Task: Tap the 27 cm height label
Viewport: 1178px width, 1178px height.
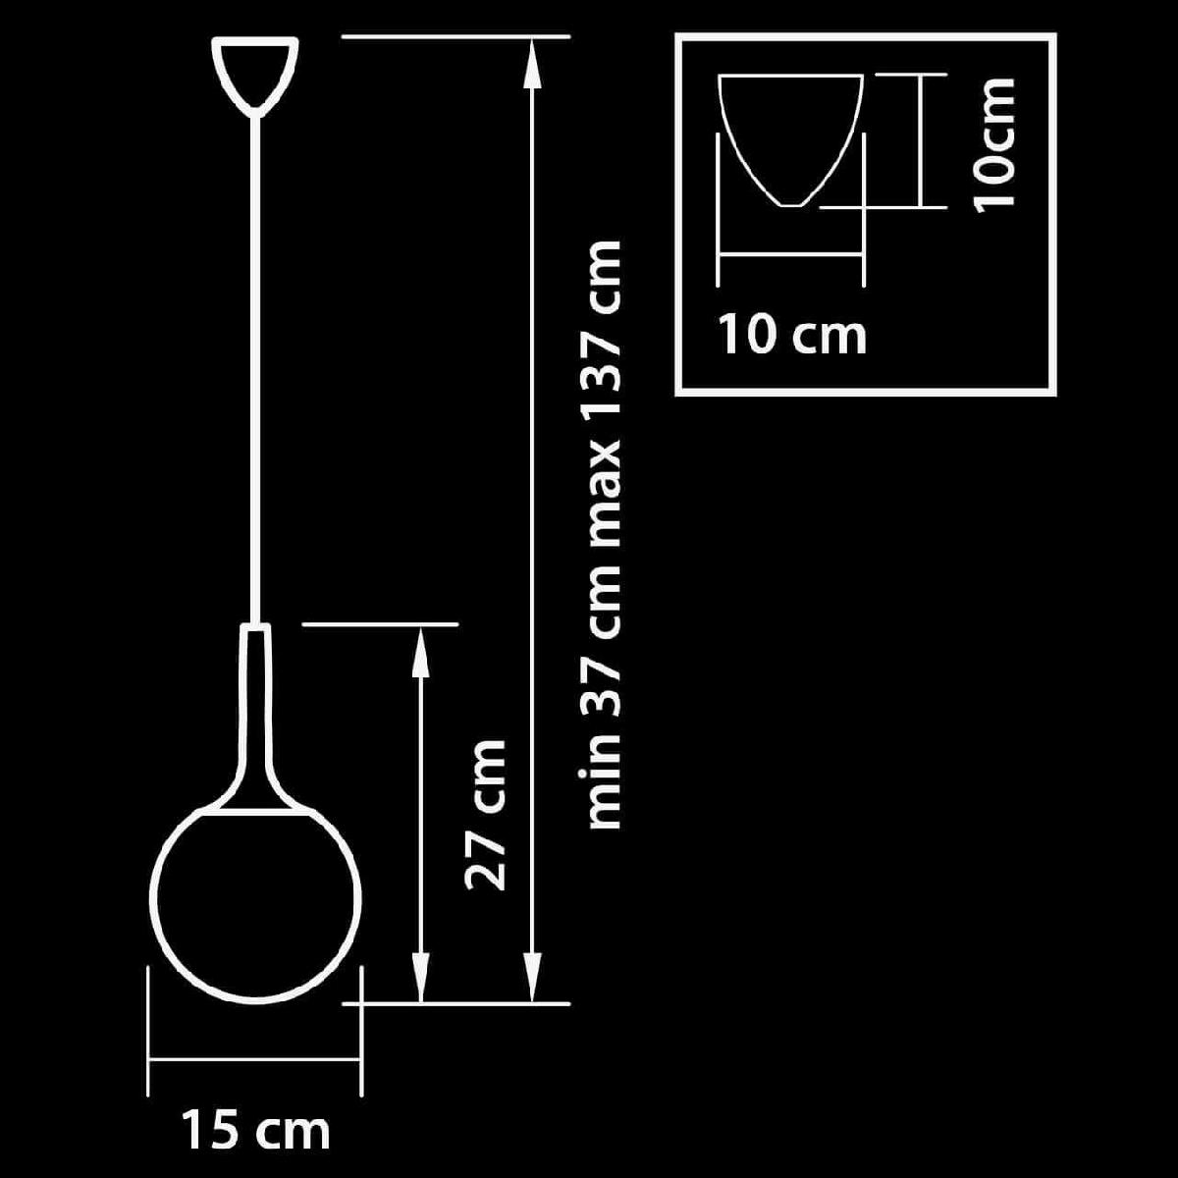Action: [x=485, y=815]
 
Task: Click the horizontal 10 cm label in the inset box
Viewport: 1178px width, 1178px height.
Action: [x=792, y=335]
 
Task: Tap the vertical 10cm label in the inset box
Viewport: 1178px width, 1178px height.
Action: [x=992, y=144]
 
